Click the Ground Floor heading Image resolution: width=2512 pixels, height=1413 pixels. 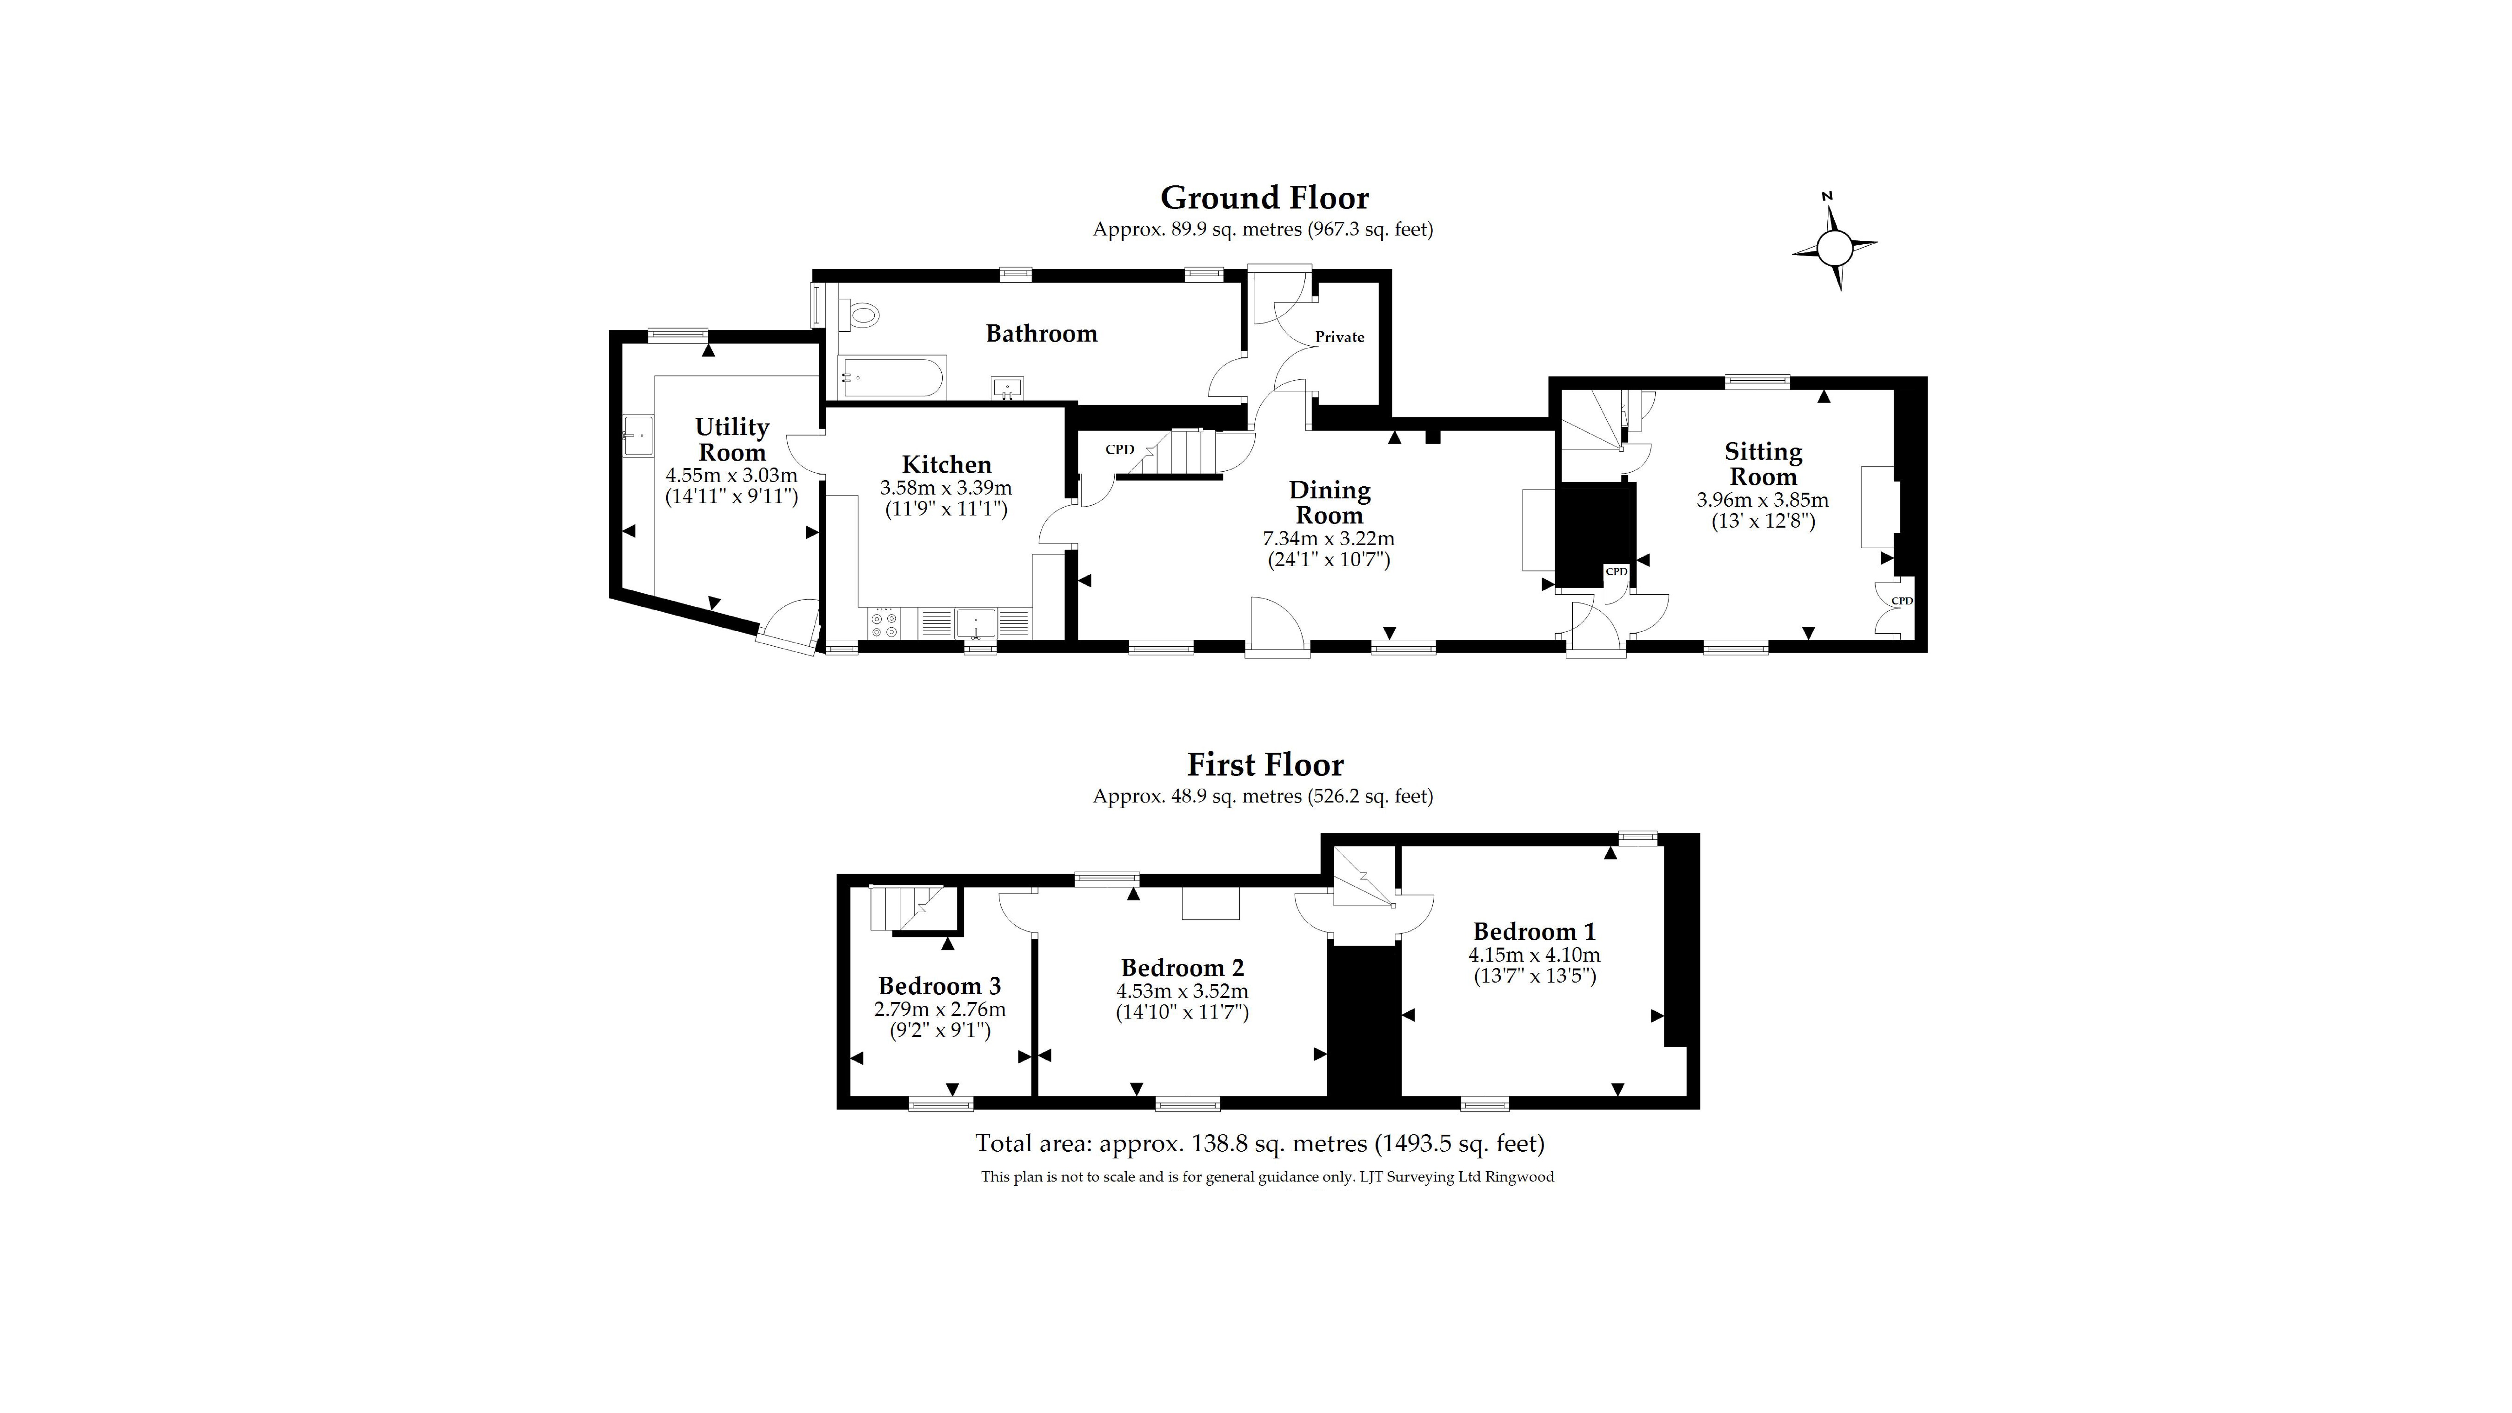(x=1264, y=198)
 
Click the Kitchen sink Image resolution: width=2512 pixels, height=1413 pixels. (x=975, y=622)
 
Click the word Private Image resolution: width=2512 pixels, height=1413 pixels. (x=1339, y=338)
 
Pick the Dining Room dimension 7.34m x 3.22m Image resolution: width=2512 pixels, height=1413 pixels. (x=1328, y=538)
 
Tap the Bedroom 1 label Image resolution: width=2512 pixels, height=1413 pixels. (x=1534, y=931)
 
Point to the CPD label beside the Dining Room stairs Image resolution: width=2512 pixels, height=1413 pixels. (x=1120, y=449)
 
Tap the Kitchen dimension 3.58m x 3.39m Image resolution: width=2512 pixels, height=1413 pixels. (x=945, y=488)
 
